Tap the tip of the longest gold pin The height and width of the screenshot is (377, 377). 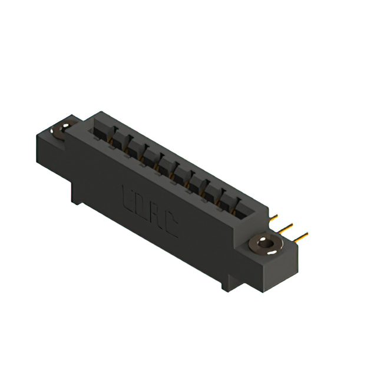click(307, 234)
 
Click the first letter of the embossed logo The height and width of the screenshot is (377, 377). click(128, 196)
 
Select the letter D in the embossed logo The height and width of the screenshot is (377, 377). click(142, 205)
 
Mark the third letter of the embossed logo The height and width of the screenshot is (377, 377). click(156, 214)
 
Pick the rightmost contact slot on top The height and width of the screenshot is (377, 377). click(243, 209)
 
